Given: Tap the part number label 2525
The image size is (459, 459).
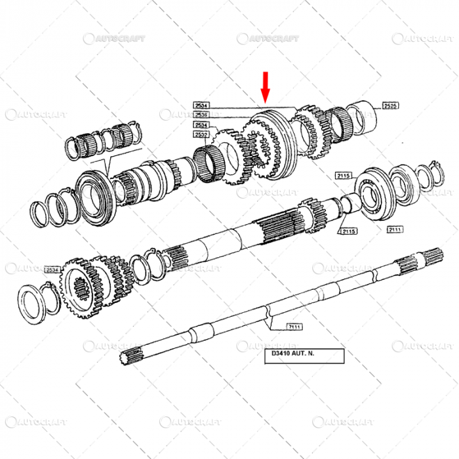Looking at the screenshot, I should (391, 105).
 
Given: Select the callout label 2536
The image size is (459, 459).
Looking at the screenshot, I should (201, 114).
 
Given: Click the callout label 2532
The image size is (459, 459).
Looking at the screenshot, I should (201, 134).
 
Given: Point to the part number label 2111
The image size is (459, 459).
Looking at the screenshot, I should (395, 229).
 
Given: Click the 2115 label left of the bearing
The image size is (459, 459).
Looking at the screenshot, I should (344, 175).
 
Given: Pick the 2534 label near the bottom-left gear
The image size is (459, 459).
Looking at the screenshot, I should (52, 269).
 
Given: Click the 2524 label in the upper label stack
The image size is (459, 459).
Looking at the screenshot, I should (201, 125).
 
